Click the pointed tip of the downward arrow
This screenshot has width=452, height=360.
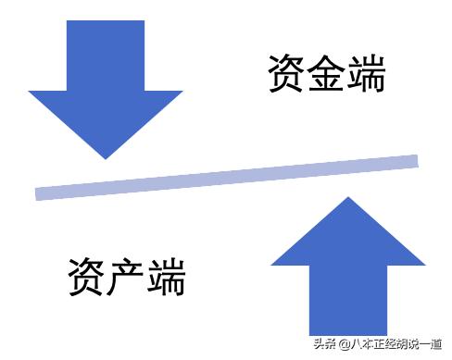(x=105, y=157)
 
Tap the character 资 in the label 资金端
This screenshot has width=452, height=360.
(x=286, y=73)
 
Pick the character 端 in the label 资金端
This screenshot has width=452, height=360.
(x=364, y=73)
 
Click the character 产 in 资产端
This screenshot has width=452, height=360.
(x=126, y=275)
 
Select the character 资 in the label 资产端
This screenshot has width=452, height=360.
(x=87, y=275)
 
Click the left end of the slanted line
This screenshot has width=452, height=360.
(x=38, y=193)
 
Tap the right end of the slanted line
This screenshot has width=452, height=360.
(x=415, y=161)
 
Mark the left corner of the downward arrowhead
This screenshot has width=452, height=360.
(x=31, y=92)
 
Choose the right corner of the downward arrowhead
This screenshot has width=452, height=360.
(x=182, y=92)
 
